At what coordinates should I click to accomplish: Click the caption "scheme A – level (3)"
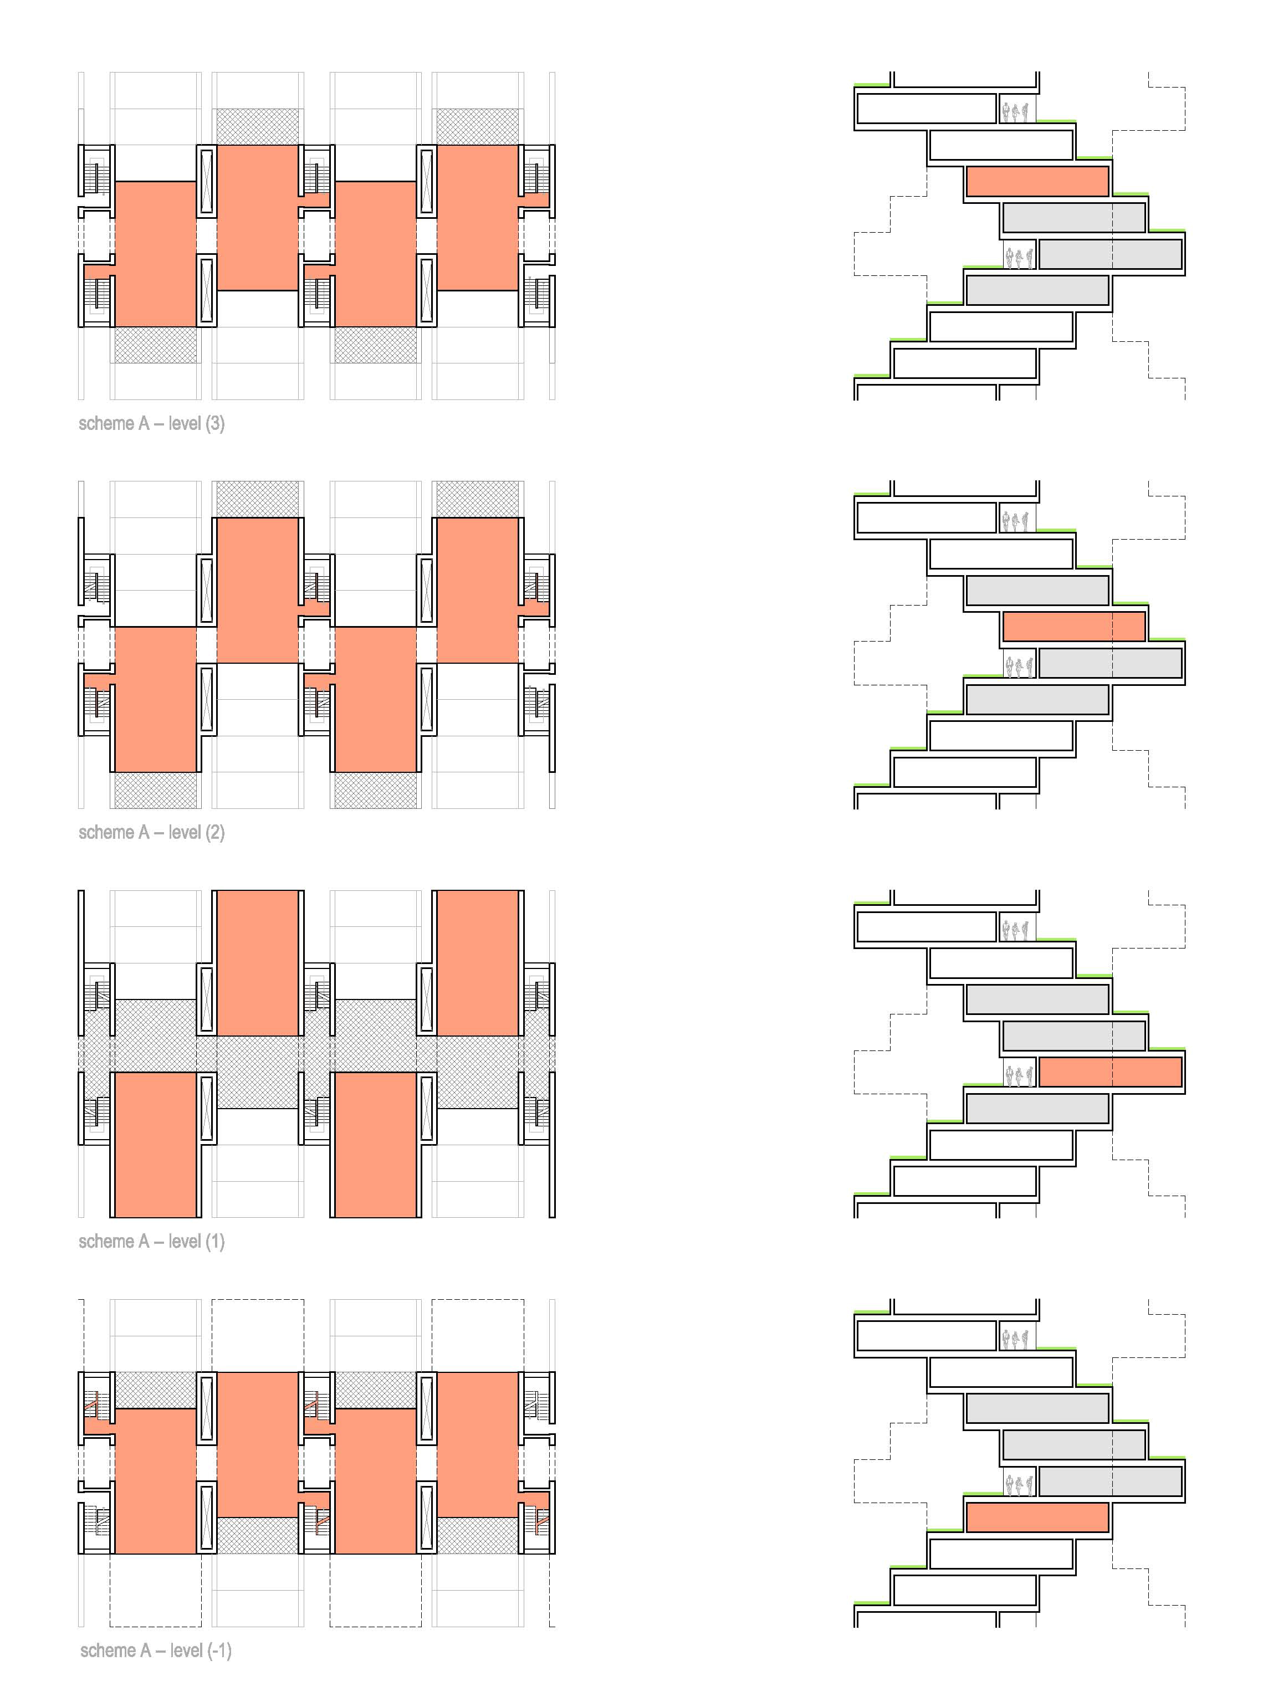tap(151, 424)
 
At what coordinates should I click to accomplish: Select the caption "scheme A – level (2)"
tap(151, 833)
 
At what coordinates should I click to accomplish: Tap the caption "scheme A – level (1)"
tap(151, 1242)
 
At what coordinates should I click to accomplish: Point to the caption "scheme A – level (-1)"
tap(155, 1650)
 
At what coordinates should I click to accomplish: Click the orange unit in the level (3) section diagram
tap(1037, 181)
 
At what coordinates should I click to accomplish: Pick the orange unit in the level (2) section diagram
tap(1074, 626)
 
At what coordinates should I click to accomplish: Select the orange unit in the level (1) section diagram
tap(1110, 1072)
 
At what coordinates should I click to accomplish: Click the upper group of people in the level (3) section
tap(1018, 111)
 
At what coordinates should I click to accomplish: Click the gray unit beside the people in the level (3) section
tap(1110, 254)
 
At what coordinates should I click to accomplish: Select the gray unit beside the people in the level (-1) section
tap(1110, 1481)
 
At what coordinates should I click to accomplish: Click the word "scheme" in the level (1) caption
tap(106, 1242)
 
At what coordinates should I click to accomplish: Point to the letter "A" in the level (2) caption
tap(144, 833)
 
